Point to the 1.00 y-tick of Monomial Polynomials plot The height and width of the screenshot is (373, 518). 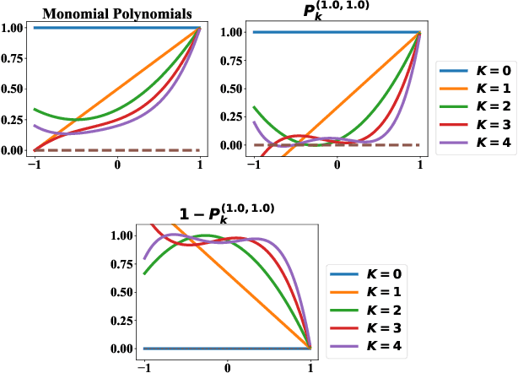coord(13,28)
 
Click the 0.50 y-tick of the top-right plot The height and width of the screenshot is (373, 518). coord(232,89)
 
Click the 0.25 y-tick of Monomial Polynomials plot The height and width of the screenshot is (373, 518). coord(13,120)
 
